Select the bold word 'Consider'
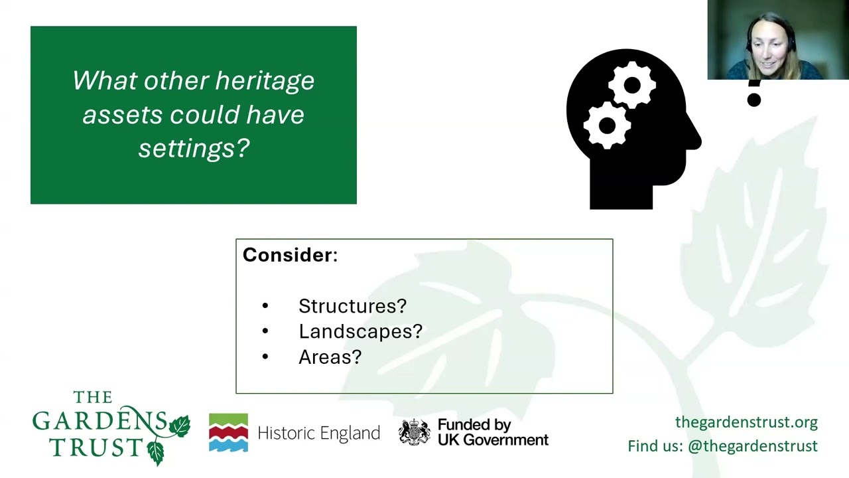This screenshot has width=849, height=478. click(x=287, y=255)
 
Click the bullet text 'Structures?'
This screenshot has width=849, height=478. click(x=352, y=306)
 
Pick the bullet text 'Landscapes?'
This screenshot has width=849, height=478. click(x=360, y=331)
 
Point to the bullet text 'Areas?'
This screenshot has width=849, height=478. click(x=330, y=357)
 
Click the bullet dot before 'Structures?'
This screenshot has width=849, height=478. click(x=265, y=306)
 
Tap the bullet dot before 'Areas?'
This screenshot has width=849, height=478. click(x=265, y=357)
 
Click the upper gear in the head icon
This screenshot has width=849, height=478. click(x=632, y=86)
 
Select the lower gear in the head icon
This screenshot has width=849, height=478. click(x=607, y=125)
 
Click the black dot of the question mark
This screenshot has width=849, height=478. click(x=754, y=100)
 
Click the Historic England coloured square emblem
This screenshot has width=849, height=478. click(x=229, y=432)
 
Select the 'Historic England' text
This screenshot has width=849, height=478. click(x=319, y=433)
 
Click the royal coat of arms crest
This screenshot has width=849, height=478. click(x=415, y=432)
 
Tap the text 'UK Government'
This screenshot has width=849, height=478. click(x=493, y=440)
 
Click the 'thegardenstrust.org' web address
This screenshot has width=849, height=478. click(x=746, y=422)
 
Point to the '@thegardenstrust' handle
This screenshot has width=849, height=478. click(x=753, y=446)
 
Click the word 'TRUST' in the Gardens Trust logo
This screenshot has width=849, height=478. click(x=96, y=447)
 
